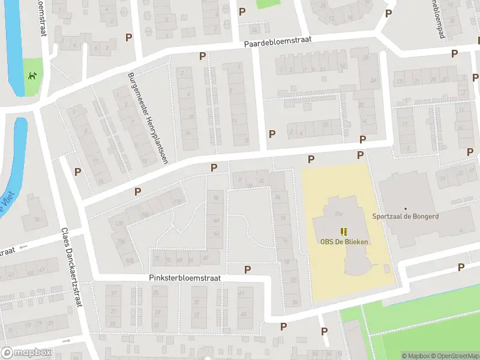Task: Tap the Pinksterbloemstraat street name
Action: click(x=185, y=278)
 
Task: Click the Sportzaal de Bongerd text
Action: click(x=405, y=217)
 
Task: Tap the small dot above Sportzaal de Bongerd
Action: click(x=405, y=208)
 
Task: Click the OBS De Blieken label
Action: click(x=344, y=241)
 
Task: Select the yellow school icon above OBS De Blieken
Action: click(x=344, y=232)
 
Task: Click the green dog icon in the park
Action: click(x=33, y=76)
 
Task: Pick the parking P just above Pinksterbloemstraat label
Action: click(x=247, y=270)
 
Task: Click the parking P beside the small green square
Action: click(x=242, y=11)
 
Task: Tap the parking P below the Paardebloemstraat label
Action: click(x=202, y=56)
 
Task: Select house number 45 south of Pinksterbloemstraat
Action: click(x=243, y=314)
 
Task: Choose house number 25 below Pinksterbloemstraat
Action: click(x=157, y=293)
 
